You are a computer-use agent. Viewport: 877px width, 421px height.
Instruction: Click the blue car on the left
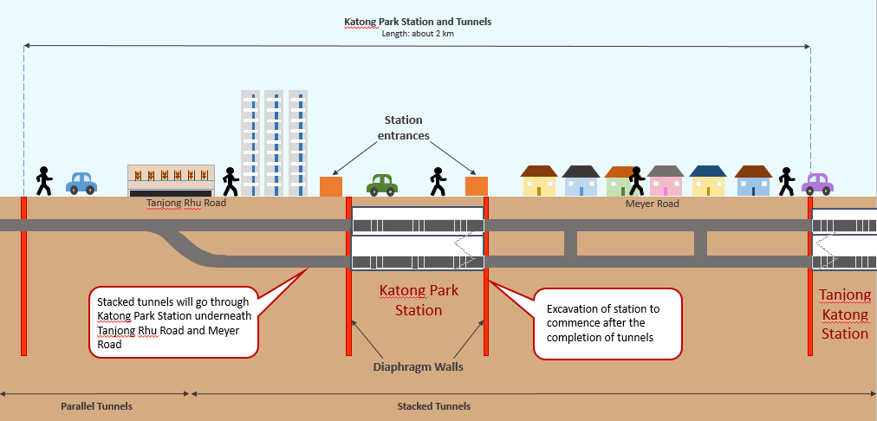[x=81, y=183]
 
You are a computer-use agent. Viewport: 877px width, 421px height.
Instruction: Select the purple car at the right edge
[x=817, y=184]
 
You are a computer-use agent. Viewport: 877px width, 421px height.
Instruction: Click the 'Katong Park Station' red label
[x=419, y=300]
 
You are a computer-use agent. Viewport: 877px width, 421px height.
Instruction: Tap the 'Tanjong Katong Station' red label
[x=844, y=314]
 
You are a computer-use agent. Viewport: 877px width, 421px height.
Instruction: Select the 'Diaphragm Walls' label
[x=418, y=366]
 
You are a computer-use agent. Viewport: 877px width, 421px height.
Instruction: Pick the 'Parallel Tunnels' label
[x=96, y=405]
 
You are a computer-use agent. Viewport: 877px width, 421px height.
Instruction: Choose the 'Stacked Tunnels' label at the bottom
[x=433, y=405]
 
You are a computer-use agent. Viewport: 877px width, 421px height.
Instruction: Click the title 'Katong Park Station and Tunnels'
[x=417, y=22]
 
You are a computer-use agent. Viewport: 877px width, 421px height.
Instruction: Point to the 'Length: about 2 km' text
[x=418, y=34]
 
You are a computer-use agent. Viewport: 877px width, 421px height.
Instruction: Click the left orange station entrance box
[x=331, y=186]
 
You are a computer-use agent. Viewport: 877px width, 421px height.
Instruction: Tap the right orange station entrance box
[x=477, y=186]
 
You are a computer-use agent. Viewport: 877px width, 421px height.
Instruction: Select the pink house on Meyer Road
[x=666, y=182]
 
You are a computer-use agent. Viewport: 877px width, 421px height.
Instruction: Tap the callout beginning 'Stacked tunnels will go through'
[x=173, y=321]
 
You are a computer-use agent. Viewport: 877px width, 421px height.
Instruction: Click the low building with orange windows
[x=171, y=179]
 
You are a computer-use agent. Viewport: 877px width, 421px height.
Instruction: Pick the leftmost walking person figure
[x=43, y=181]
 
